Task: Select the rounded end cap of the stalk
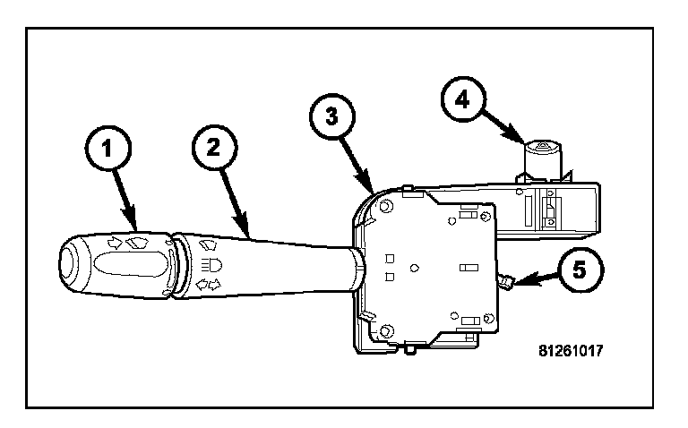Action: (69, 267)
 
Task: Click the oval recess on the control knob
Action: (131, 266)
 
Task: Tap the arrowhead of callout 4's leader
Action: (524, 142)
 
